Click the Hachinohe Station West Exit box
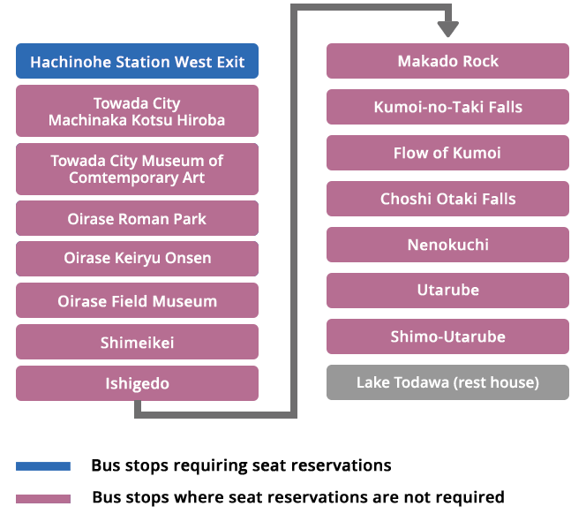pos(137,62)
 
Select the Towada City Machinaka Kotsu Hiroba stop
pos(137,111)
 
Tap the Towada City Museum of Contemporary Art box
pos(137,169)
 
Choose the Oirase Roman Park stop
pos(137,218)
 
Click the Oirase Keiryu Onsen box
pos(137,259)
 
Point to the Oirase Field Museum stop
pos(137,301)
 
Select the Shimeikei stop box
pos(137,343)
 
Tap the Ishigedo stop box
pos(137,383)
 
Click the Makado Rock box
pos(447,61)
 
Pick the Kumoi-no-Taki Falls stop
pos(447,107)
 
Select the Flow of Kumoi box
pos(447,153)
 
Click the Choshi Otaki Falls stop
pos(447,199)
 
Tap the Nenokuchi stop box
pos(447,245)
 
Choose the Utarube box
pos(447,291)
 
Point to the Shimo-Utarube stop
pos(447,336)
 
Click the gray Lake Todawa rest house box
pos(447,382)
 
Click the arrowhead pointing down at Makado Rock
pos(447,29)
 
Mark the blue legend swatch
pos(43,466)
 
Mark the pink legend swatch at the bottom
pos(43,499)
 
